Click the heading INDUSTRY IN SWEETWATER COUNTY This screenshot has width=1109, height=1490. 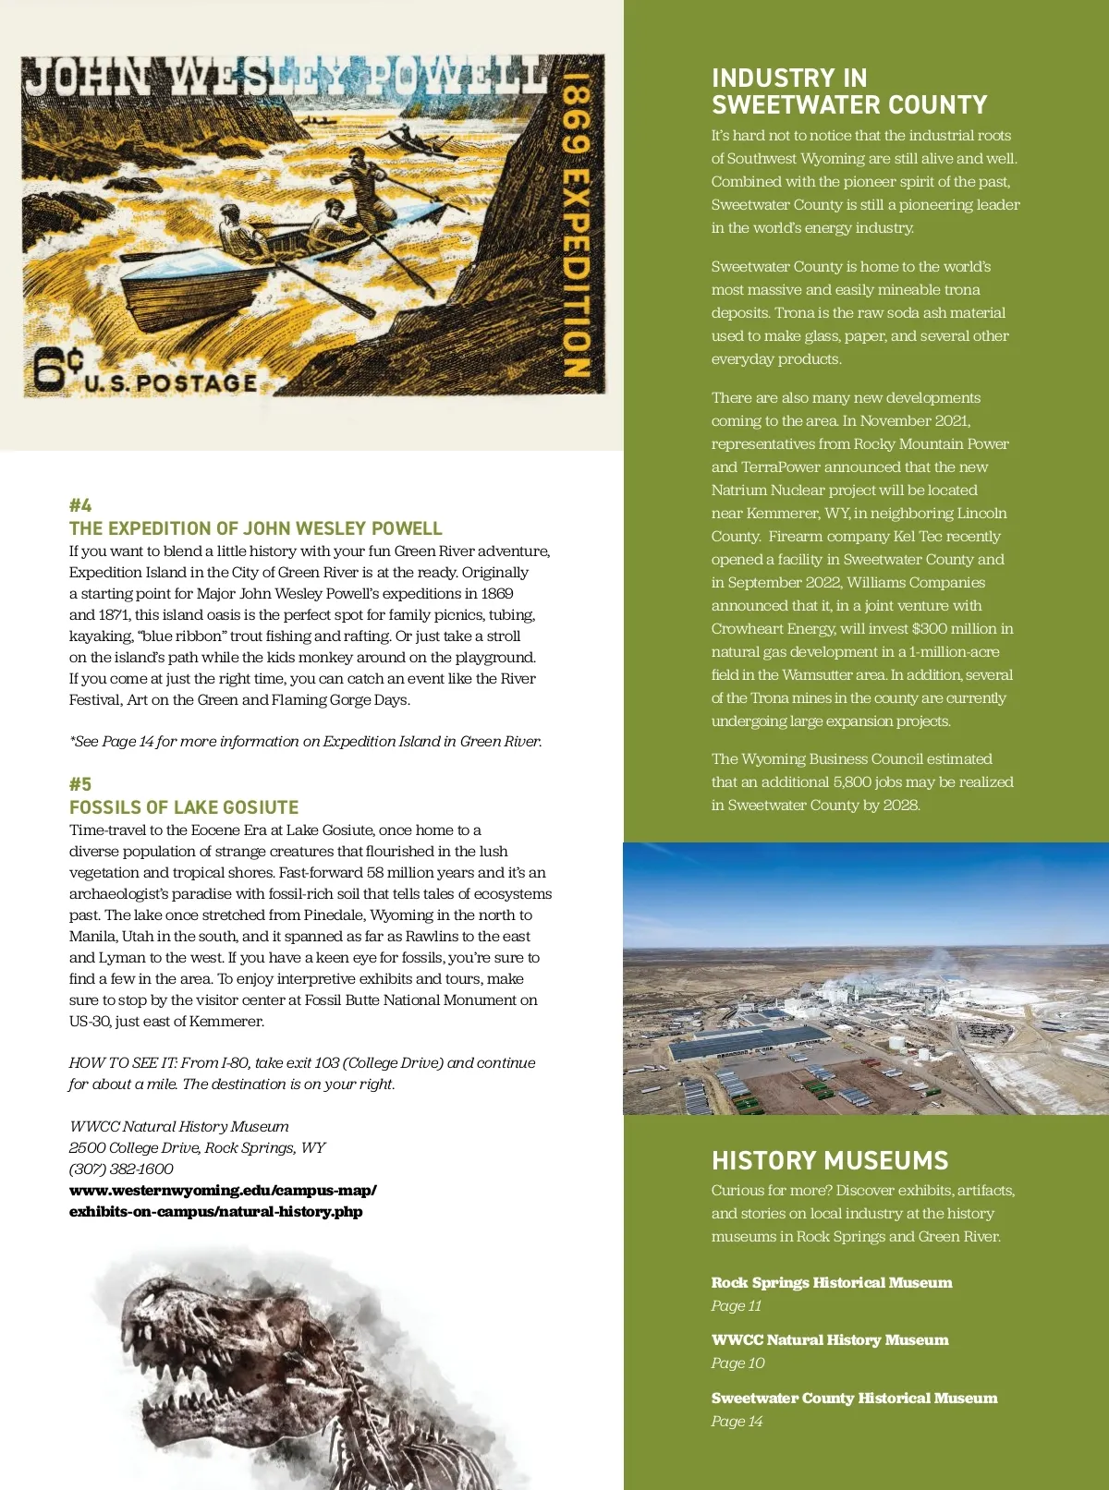(x=849, y=91)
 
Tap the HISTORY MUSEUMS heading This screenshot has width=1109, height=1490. (x=830, y=1160)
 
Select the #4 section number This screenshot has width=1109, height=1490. (x=80, y=505)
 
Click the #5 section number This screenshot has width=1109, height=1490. (x=80, y=784)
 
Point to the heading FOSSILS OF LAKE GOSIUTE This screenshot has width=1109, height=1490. (x=184, y=807)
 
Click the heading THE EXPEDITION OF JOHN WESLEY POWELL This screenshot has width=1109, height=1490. (x=255, y=528)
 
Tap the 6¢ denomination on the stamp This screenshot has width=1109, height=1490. (x=57, y=369)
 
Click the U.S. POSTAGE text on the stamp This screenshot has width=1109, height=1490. (x=171, y=382)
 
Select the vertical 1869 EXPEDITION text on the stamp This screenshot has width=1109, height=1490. (x=576, y=226)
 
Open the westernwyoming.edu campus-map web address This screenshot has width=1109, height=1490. (x=222, y=1201)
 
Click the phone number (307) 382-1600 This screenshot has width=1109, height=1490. (x=121, y=1169)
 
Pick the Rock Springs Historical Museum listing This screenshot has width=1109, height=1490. (x=831, y=1282)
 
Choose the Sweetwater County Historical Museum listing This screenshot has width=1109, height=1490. (x=854, y=1398)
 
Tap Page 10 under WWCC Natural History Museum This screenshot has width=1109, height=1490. (x=737, y=1363)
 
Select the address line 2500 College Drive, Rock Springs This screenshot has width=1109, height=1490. (x=197, y=1147)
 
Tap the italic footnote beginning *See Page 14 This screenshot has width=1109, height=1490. (x=305, y=741)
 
